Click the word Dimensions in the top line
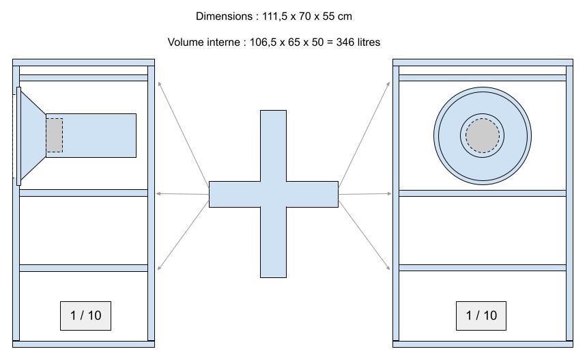[x=224, y=16]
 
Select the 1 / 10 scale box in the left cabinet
[x=86, y=316]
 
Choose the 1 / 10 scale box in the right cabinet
[x=481, y=316]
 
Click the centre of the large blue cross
[x=273, y=194]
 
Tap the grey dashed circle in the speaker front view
[x=483, y=136]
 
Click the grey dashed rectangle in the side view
[x=55, y=135]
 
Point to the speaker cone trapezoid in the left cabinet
[x=33, y=136]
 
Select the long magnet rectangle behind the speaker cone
[x=91, y=135]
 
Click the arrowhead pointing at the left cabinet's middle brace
[x=158, y=194]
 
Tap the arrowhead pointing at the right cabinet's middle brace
[x=389, y=194]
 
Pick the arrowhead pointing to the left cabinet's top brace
[x=160, y=84]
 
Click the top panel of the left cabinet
[x=83, y=63]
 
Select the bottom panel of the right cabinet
[x=483, y=344]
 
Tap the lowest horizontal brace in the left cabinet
[x=83, y=268]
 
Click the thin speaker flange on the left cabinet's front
[x=18, y=137]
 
